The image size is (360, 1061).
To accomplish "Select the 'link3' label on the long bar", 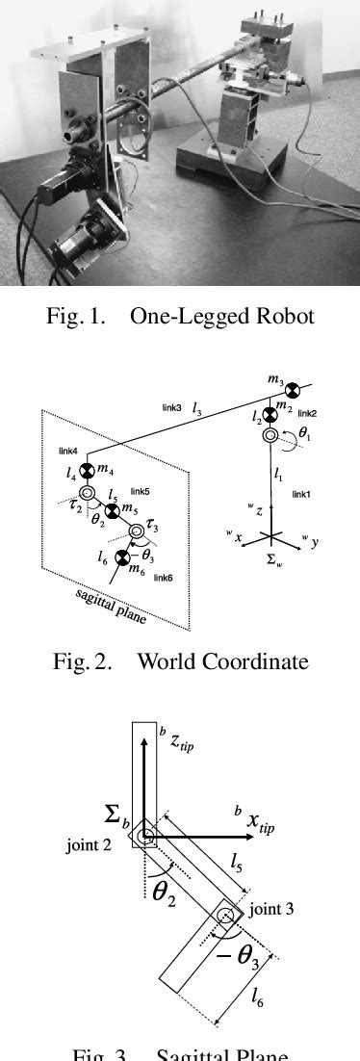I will click(x=172, y=408).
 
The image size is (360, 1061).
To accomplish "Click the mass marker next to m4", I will click(x=86, y=471).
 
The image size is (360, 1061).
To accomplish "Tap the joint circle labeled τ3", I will click(x=138, y=530).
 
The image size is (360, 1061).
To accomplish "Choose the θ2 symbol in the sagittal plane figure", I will click(x=165, y=890).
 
